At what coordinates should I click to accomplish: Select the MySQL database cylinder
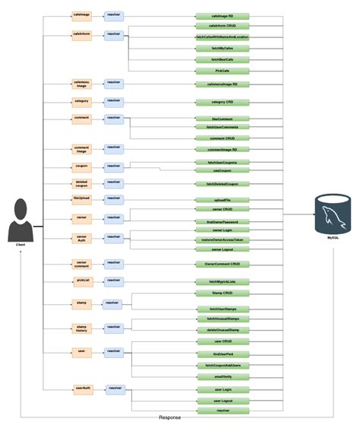(333, 215)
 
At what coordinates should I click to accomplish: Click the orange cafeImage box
(81, 15)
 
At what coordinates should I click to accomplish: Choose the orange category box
(81, 101)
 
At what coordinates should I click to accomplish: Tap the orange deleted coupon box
(81, 183)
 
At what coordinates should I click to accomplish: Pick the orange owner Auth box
(81, 237)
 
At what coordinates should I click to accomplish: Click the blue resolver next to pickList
(114, 281)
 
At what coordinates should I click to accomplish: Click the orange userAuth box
(81, 389)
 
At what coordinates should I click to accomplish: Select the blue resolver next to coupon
(114, 166)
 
